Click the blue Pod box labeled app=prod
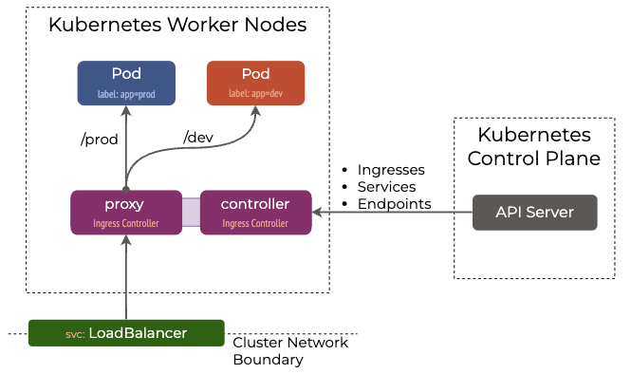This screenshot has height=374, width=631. pos(126,83)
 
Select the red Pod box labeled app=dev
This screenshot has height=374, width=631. pos(255,83)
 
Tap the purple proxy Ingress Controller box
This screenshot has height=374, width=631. pos(126,213)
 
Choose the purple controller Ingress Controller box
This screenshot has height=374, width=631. pos(255,213)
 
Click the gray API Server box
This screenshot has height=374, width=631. pos(535,213)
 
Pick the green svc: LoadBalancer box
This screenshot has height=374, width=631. pos(126,333)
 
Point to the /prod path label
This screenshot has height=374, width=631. pos(99,140)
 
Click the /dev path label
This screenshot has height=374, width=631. pos(198,138)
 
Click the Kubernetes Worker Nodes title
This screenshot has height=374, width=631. pos(177,25)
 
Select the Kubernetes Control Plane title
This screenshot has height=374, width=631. pos(534,146)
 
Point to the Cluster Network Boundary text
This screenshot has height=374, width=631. pos(290,351)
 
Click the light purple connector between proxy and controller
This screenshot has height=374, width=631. pos(191,213)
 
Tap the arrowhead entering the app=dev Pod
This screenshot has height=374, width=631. pos(255,111)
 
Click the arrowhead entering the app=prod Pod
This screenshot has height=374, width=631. pos(126,111)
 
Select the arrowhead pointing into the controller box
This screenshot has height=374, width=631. pos(317,213)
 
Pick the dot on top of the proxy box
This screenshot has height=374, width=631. pos(126,190)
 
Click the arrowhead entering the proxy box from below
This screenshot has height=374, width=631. pos(126,240)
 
